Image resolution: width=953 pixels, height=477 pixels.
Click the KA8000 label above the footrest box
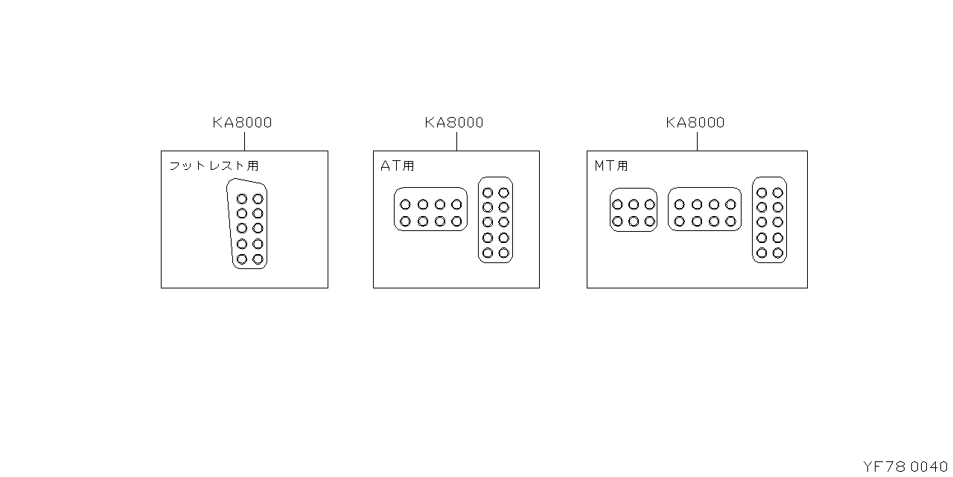242,122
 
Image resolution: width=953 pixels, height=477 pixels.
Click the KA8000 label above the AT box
454,122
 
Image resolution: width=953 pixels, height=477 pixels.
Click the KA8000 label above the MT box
695,122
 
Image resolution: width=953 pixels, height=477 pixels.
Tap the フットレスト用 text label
214,165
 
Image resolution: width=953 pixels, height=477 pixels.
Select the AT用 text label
398,165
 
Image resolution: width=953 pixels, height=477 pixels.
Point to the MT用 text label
611,165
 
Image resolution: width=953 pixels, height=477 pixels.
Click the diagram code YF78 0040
905,467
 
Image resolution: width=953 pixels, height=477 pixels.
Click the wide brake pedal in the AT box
430,209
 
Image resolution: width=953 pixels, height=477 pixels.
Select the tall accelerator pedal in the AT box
496,220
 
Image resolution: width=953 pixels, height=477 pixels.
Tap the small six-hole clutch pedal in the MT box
634,210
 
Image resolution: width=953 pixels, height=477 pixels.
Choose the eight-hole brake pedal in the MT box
704,209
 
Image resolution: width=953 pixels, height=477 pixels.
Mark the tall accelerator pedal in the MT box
770,220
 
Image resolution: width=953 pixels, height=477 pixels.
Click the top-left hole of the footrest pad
242,199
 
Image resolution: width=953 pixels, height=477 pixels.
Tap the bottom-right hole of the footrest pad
258,259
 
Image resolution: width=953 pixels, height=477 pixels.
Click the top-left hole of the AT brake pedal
406,204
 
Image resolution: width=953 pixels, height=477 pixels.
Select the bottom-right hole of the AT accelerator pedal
504,253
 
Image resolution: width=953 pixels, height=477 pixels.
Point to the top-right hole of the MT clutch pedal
649,204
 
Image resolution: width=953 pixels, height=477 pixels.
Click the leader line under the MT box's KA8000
698,141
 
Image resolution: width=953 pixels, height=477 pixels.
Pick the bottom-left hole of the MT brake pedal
680,221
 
